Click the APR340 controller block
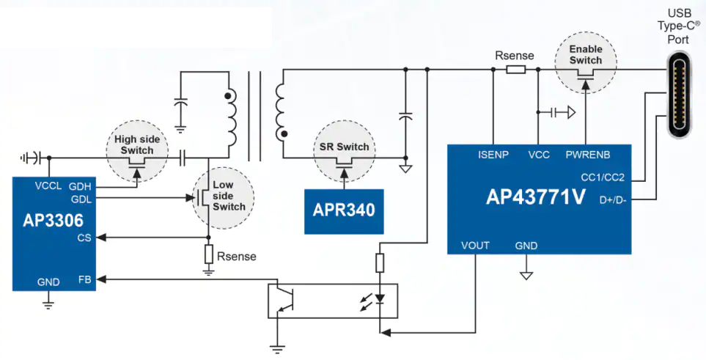coord(344,211)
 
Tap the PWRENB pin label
coord(587,155)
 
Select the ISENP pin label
coord(493,155)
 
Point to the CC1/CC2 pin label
coord(603,177)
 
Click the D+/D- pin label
coord(613,200)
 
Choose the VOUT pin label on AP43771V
coord(475,246)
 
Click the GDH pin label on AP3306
coord(80,186)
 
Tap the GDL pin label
coord(81,199)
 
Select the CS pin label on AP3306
coord(84,238)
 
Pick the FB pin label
coord(84,279)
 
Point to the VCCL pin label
coord(48,185)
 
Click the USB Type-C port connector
coord(680,94)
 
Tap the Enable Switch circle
coord(585,62)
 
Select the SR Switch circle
coord(344,151)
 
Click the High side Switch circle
coord(137,151)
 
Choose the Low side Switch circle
coord(223,197)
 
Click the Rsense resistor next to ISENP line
coord(515,70)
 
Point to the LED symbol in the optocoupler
coord(380,298)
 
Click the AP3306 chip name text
coord(53,220)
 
